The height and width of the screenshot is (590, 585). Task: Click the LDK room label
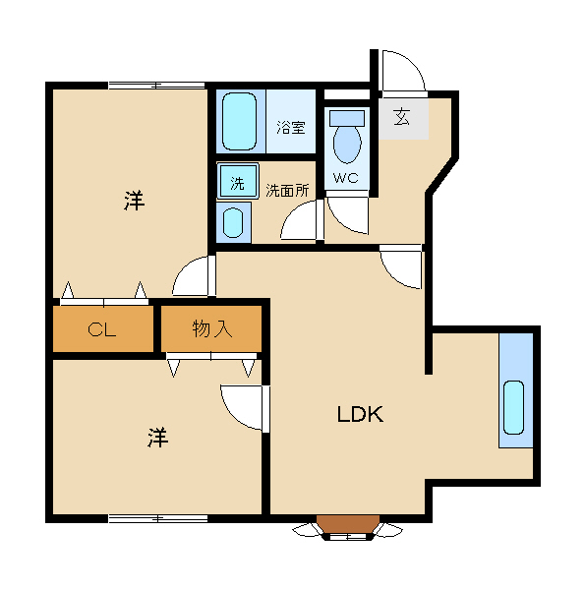(360, 414)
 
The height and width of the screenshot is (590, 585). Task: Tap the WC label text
(346, 178)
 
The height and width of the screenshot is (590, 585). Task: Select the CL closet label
(101, 330)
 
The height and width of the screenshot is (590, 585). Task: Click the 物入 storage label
(211, 328)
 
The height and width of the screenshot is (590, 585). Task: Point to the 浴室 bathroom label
(290, 127)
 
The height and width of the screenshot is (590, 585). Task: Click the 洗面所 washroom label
(287, 191)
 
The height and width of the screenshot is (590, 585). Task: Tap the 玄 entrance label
(402, 117)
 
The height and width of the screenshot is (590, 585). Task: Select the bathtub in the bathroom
(239, 121)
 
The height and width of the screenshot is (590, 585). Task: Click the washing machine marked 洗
(238, 181)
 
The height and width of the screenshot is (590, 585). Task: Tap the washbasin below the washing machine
(233, 222)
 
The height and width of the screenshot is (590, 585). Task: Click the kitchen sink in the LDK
(513, 407)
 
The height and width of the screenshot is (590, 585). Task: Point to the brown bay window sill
(348, 524)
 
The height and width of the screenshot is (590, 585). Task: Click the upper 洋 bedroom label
(135, 201)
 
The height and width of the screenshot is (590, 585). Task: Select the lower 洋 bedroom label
(157, 438)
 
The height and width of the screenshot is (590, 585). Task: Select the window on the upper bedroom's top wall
(156, 86)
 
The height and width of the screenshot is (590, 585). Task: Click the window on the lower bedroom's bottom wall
(158, 518)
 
